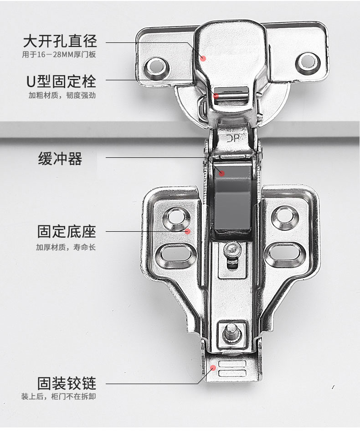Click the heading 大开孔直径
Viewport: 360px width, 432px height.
(x=60, y=42)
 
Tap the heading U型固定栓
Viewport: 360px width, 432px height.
(x=61, y=82)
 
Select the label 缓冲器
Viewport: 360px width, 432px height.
(x=60, y=159)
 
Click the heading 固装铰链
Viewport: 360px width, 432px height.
(x=67, y=383)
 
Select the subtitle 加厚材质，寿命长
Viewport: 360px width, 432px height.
(x=66, y=248)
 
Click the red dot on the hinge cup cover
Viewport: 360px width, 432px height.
(x=204, y=58)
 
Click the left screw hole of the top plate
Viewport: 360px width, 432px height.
(x=156, y=67)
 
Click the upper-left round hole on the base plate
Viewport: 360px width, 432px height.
(x=175, y=218)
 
